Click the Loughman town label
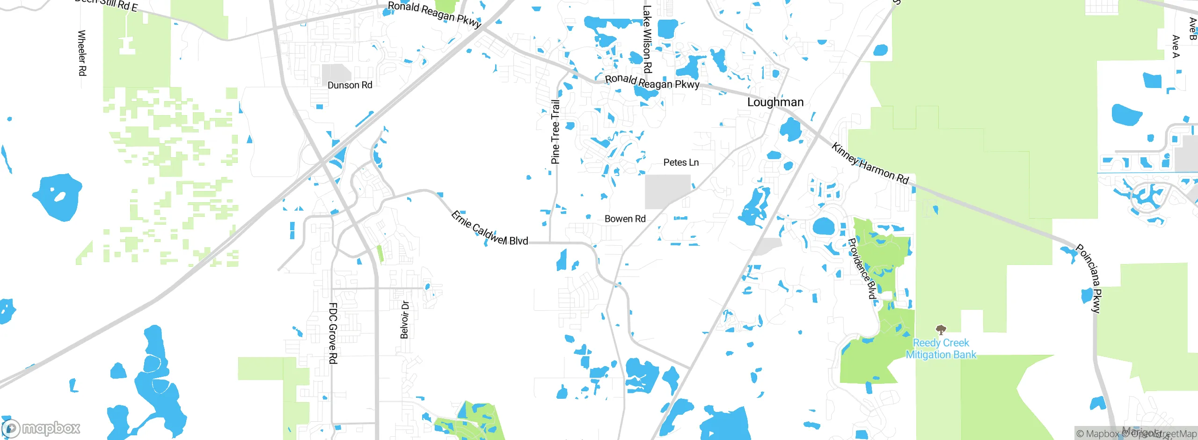pyautogui.click(x=775, y=102)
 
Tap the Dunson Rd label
pyautogui.click(x=350, y=85)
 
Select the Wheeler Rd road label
pyautogui.click(x=82, y=53)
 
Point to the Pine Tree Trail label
pyautogui.click(x=555, y=132)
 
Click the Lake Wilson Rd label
pyautogui.click(x=647, y=39)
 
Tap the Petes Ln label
pyautogui.click(x=681, y=162)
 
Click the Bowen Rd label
pyautogui.click(x=625, y=219)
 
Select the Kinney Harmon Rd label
pyautogui.click(x=870, y=163)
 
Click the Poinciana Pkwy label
pyautogui.click(x=1089, y=278)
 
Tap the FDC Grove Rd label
pyautogui.click(x=333, y=333)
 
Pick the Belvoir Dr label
pyautogui.click(x=405, y=320)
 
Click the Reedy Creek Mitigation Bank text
pyautogui.click(x=941, y=349)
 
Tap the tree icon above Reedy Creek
pyautogui.click(x=941, y=330)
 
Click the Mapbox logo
pyautogui.click(x=41, y=428)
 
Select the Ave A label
pyautogui.click(x=1176, y=46)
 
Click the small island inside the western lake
pyautogui.click(x=59, y=196)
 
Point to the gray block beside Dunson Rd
pyautogui.click(x=336, y=74)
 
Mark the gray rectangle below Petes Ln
pyautogui.click(x=668, y=191)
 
